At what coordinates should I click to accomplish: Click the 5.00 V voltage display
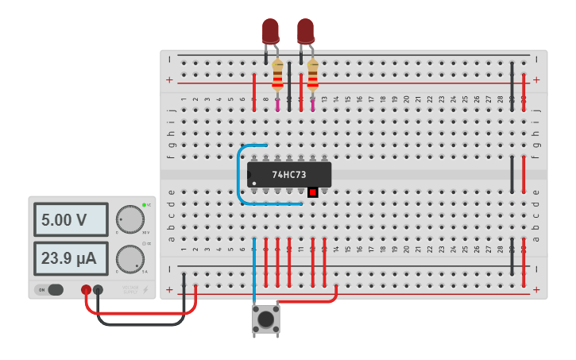(70, 219)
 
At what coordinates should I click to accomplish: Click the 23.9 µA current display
(70, 259)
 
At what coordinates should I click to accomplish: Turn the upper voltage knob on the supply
(130, 219)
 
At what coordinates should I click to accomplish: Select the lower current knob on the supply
(130, 259)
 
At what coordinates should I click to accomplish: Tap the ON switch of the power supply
(51, 289)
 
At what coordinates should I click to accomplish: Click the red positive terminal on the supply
(87, 290)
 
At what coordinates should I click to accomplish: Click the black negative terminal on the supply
(98, 290)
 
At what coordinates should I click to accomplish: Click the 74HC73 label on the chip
(289, 174)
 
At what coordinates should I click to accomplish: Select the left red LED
(270, 31)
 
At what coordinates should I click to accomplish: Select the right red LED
(305, 31)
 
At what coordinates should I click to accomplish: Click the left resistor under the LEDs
(277, 75)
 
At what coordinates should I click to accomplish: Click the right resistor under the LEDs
(312, 75)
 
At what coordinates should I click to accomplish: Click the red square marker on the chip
(312, 192)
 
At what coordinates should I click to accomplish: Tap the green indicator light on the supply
(144, 206)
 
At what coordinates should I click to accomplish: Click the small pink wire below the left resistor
(277, 103)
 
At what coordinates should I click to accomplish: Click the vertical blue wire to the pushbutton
(254, 270)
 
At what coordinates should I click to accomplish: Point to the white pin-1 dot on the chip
(254, 184)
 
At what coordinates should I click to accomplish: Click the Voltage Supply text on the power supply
(130, 289)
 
